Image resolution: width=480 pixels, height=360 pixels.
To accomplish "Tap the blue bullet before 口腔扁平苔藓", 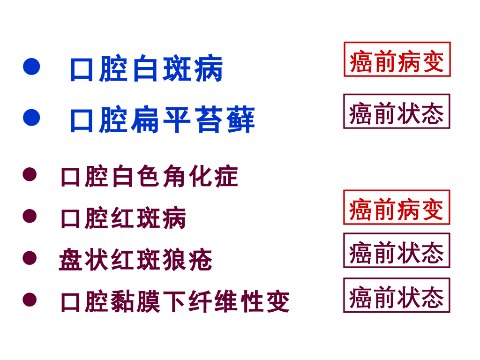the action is pos(31,118).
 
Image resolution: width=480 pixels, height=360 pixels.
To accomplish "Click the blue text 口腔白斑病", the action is pos(146,69).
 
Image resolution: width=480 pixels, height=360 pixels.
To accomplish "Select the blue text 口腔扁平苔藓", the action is pos(162,120).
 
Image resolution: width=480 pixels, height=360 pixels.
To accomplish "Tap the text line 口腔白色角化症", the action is pos(150,177).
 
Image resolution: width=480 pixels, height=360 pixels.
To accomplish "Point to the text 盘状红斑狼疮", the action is pos(136,260).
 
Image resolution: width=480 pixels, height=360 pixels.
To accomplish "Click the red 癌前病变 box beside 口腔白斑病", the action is pos(397,60).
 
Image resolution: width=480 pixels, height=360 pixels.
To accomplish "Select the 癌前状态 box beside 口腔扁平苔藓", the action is pos(397,112).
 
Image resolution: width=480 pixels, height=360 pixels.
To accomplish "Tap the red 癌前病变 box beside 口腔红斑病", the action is pos(397,208).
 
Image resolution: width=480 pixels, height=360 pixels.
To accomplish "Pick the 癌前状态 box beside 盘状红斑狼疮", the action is pos(397,251).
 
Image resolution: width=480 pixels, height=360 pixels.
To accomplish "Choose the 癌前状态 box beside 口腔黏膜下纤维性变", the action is pos(397,295).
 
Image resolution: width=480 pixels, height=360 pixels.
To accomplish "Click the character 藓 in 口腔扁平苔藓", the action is pos(241,120).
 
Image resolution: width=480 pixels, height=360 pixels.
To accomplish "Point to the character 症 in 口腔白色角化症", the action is pos(226,177).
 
